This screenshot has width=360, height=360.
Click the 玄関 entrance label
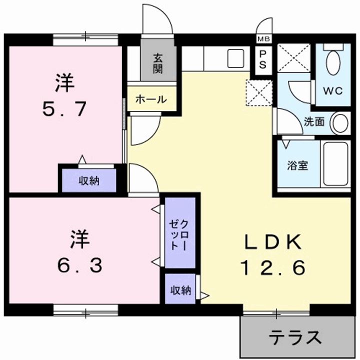tap(158, 63)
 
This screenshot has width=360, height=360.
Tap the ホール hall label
tap(150, 99)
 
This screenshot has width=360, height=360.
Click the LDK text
tap(272, 242)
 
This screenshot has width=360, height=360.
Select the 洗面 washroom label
tap(314, 122)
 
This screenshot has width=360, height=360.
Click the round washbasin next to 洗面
tap(341, 123)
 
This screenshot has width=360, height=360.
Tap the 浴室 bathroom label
tap(297, 165)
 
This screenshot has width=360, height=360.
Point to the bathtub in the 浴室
tap(335, 164)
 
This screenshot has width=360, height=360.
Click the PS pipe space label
tap(262, 59)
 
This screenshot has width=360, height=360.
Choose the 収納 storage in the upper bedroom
tap(88, 180)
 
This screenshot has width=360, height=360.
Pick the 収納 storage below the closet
tap(180, 290)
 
